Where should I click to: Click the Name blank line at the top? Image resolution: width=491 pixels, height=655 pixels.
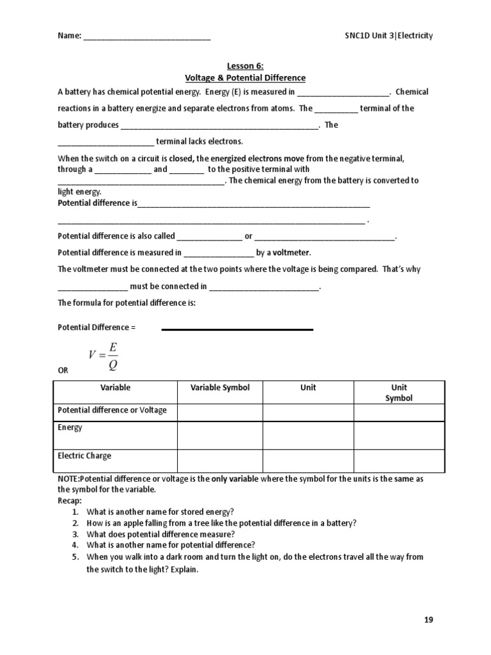pyautogui.click(x=146, y=37)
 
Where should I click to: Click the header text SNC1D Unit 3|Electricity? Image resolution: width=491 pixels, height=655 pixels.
pyautogui.click(x=385, y=36)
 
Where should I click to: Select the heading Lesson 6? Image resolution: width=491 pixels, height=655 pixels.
pyautogui.click(x=245, y=65)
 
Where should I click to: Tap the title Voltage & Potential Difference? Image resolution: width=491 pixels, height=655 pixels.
pyautogui.click(x=245, y=78)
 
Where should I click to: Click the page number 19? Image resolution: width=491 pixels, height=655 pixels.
pyautogui.click(x=428, y=620)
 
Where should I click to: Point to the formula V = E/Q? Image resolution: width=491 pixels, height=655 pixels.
pyautogui.click(x=104, y=356)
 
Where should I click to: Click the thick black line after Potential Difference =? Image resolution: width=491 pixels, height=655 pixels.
pyautogui.click(x=237, y=329)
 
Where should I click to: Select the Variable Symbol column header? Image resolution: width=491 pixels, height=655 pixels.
pyautogui.click(x=220, y=388)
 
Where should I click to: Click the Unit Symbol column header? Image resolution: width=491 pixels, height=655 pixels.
pyautogui.click(x=399, y=393)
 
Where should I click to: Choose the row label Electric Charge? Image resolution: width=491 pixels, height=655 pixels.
pyautogui.click(x=84, y=456)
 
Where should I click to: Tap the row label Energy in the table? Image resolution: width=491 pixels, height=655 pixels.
pyautogui.click(x=70, y=427)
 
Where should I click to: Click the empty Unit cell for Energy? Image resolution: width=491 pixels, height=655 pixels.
pyautogui.click(x=308, y=435)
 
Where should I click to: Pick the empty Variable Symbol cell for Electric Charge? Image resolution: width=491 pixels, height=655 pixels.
pyautogui.click(x=220, y=461)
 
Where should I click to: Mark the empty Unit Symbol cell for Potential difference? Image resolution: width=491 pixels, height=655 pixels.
pyautogui.click(x=399, y=413)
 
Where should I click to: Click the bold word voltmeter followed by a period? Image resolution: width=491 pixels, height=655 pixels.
pyautogui.click(x=292, y=253)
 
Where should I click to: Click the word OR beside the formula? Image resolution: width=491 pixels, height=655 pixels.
pyautogui.click(x=63, y=370)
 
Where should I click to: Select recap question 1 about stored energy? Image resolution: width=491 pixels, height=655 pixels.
pyautogui.click(x=160, y=511)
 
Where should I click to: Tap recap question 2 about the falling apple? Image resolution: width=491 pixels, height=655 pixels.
pyautogui.click(x=221, y=523)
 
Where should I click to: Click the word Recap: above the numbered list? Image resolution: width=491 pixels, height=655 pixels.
pyautogui.click(x=70, y=500)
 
